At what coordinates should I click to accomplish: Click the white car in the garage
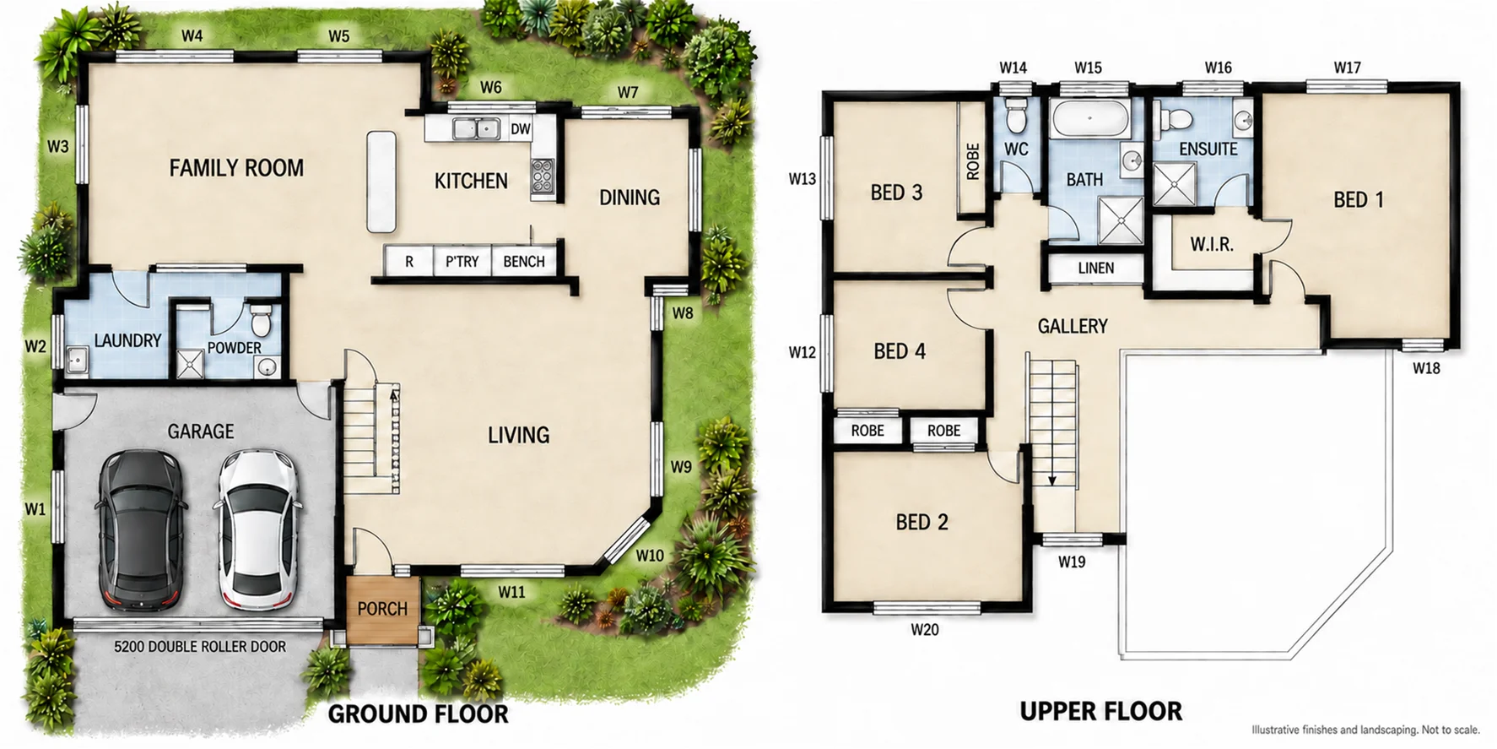(257, 529)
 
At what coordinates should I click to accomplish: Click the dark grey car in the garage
(141, 529)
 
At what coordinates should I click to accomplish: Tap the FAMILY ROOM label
(236, 168)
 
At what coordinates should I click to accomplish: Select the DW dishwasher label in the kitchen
(521, 129)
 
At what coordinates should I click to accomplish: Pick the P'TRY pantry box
(462, 261)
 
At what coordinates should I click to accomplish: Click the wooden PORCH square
(382, 609)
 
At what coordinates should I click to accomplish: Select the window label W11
(511, 592)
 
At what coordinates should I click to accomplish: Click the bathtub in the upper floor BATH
(1090, 118)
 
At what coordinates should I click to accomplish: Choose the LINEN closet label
(1096, 268)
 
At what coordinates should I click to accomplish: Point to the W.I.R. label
(1212, 245)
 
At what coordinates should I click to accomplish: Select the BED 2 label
(921, 522)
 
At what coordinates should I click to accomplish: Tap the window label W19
(1072, 562)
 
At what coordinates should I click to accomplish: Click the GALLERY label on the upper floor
(1073, 326)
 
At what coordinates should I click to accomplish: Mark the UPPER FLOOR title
(1101, 711)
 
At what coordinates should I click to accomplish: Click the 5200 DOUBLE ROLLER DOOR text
(200, 647)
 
